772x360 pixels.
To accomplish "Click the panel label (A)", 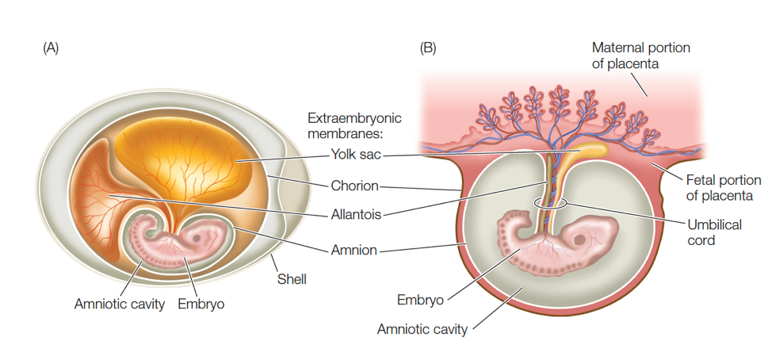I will point(51,48).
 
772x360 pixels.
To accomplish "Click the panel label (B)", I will point(427,48).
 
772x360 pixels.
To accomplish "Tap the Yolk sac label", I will point(357,155).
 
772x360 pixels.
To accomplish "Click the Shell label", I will point(292,279).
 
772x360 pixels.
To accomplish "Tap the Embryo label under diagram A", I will point(201,303).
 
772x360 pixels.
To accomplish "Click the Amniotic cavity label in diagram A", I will point(119,303).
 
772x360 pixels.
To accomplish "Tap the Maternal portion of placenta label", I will point(640,56).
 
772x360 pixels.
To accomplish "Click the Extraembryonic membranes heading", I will point(354,125).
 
